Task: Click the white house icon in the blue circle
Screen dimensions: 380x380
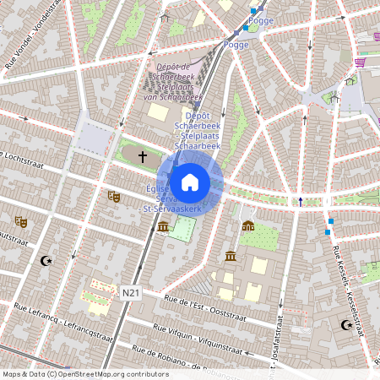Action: [x=190, y=182]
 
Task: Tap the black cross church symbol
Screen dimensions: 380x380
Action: [x=142, y=156]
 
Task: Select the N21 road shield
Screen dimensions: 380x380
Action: [x=130, y=292]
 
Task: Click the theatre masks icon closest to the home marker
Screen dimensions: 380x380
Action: [x=113, y=196]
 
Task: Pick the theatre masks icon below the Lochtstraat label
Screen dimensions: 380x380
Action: [x=20, y=222]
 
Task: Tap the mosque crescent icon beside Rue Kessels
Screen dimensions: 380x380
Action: [x=345, y=325]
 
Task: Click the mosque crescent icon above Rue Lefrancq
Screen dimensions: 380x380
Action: [x=46, y=261]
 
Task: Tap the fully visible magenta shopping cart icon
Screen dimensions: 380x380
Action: [x=361, y=62]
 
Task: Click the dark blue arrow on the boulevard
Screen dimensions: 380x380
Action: [x=300, y=201]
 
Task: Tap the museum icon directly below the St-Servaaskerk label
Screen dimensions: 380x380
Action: [x=163, y=227]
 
